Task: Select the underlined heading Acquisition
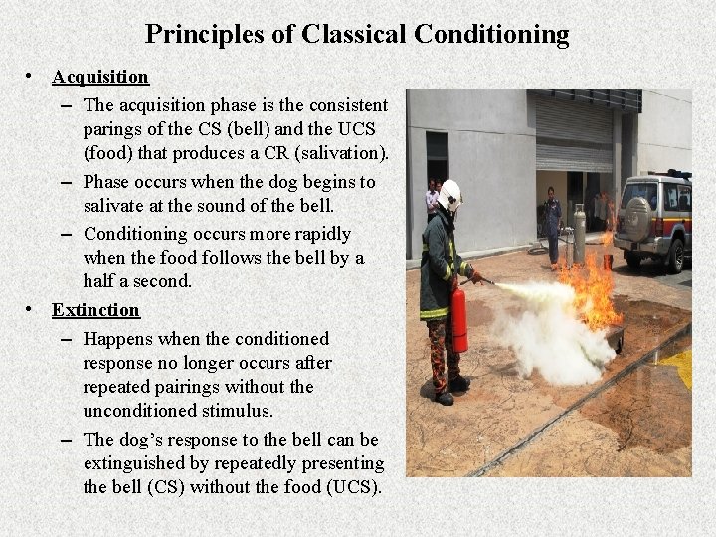point(100,77)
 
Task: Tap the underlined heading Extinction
point(96,310)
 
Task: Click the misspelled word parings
point(111,129)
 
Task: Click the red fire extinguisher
point(458,318)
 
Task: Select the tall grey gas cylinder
point(579,235)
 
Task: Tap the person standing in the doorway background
point(552,225)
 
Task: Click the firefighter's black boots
point(450,389)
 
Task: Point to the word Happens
point(117,339)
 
